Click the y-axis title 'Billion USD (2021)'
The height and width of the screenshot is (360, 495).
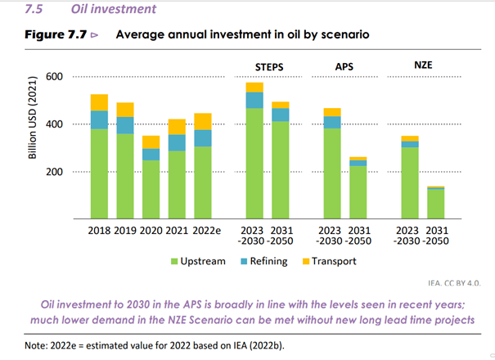coord(33,124)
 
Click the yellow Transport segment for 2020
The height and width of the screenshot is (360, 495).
coord(151,142)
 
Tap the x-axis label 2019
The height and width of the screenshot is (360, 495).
coord(124,230)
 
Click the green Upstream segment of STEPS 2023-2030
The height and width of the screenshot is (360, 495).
coord(254,164)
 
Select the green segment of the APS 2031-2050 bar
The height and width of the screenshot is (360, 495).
coord(358,192)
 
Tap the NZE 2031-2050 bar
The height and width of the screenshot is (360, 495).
coord(436,203)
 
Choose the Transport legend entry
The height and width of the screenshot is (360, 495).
coord(330,262)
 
